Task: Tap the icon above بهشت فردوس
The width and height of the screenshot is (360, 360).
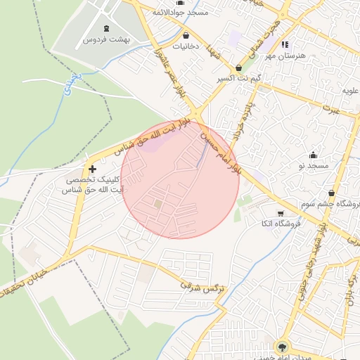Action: click(106, 29)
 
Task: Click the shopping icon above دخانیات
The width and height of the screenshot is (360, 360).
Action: click(186, 35)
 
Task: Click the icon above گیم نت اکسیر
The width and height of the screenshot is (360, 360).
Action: click(239, 68)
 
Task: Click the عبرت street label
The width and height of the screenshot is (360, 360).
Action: click(331, 109)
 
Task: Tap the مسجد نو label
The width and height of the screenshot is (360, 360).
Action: click(312, 165)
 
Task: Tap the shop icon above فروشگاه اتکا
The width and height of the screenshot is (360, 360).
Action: click(281, 214)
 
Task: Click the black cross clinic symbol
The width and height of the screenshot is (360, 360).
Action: click(92, 169)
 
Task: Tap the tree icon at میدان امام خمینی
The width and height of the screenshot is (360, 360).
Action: click(283, 346)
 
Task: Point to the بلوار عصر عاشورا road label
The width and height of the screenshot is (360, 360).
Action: click(166, 70)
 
